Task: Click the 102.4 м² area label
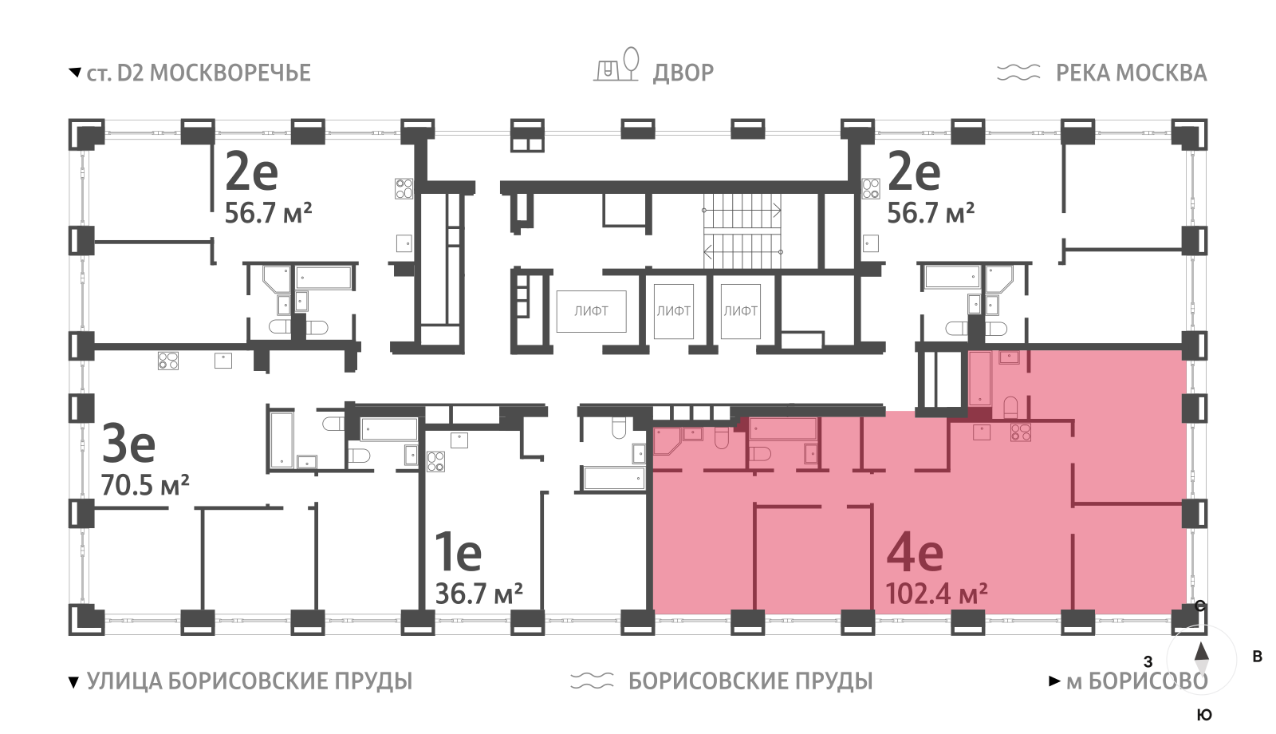(x=936, y=594)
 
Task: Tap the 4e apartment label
(x=915, y=552)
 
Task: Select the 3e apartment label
(x=128, y=444)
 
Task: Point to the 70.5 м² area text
(x=145, y=484)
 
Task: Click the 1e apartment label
(x=458, y=552)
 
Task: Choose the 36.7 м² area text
(x=478, y=594)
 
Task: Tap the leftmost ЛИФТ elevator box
(x=591, y=311)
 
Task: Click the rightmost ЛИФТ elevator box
(x=740, y=311)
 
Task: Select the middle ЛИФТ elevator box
(x=673, y=311)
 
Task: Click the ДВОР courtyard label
(x=683, y=73)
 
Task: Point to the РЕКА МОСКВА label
(x=1131, y=73)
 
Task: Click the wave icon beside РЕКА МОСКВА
(x=1018, y=73)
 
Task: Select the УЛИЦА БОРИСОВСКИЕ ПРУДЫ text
(x=249, y=681)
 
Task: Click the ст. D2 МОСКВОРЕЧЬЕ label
(x=198, y=73)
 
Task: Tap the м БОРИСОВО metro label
(x=1136, y=681)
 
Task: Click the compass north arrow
(x=1201, y=653)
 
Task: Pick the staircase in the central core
(x=742, y=231)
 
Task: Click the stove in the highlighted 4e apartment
(x=1021, y=432)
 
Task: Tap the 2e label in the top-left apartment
(x=251, y=172)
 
